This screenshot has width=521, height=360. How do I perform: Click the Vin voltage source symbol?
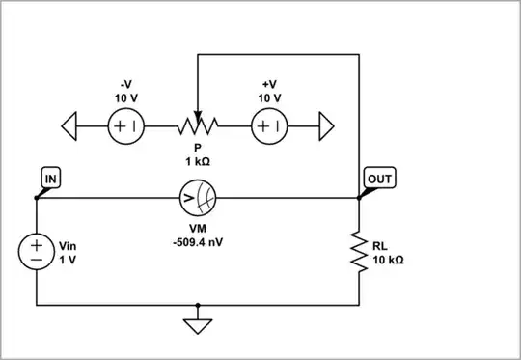(x=37, y=253)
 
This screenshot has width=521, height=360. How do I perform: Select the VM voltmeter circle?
(x=197, y=200)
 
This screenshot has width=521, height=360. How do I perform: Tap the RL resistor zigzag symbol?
(x=359, y=252)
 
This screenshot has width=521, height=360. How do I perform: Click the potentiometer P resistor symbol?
(x=197, y=125)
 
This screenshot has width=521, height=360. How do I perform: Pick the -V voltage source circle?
(x=124, y=125)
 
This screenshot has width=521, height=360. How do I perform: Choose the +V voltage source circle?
(x=269, y=125)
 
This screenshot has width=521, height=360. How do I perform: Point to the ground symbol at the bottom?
(x=197, y=325)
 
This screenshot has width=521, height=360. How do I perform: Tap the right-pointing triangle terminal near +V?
(x=325, y=125)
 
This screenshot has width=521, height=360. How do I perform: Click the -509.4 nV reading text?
(x=197, y=241)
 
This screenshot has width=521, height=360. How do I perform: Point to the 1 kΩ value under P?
(x=197, y=161)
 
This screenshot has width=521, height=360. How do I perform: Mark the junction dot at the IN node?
(x=37, y=199)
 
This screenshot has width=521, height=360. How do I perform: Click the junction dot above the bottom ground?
(x=197, y=306)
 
